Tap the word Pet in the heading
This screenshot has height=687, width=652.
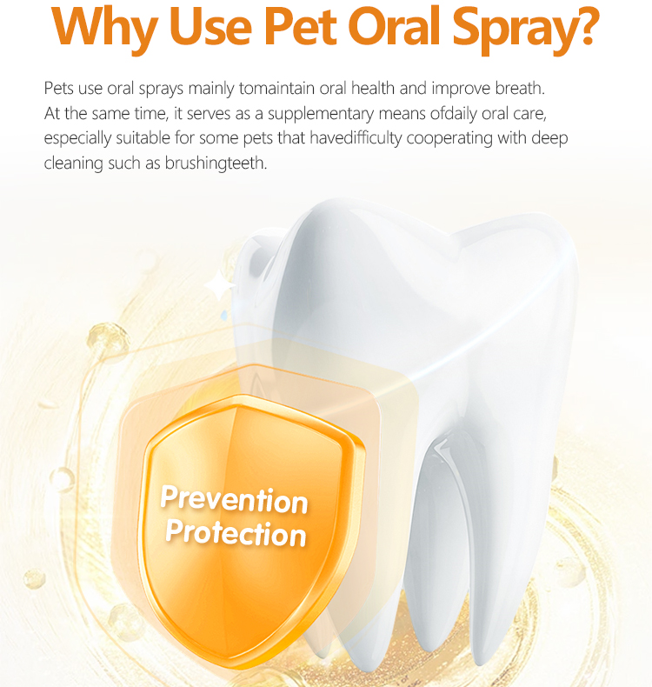[303, 28]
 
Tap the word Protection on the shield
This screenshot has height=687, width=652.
[236, 531]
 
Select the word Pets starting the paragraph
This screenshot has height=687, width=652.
[58, 89]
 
